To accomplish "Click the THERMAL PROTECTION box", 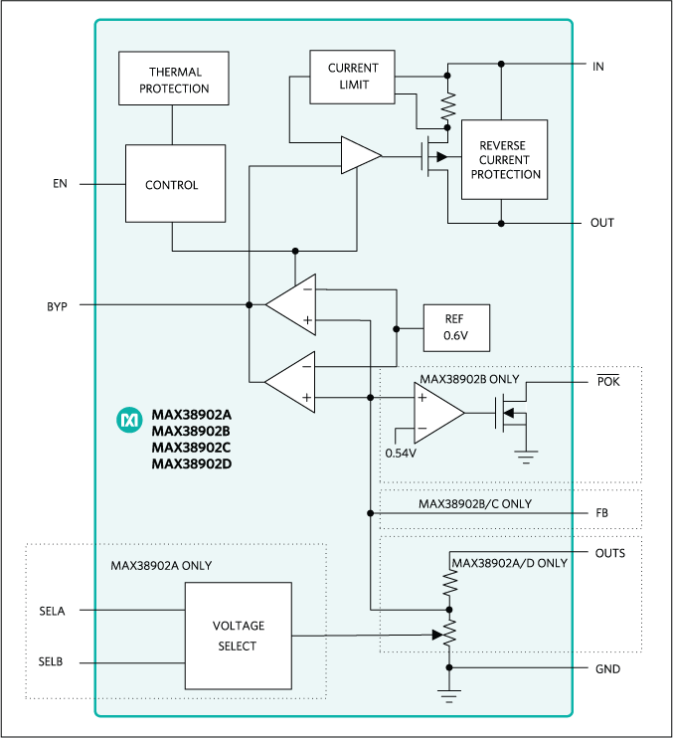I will (x=174, y=80).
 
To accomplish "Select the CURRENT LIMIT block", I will (x=353, y=77).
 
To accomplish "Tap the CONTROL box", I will (x=171, y=184).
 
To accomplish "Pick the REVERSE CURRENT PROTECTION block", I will (x=506, y=160).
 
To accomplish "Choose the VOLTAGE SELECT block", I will (x=238, y=636).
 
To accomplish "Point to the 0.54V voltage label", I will (x=401, y=453).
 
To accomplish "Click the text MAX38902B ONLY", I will (x=469, y=380).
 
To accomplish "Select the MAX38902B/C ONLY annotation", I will (x=474, y=504).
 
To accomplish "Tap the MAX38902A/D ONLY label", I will (x=509, y=563).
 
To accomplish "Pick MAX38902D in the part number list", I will (x=191, y=463).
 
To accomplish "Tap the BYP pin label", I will (x=57, y=306).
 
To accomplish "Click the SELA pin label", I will (x=52, y=611).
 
